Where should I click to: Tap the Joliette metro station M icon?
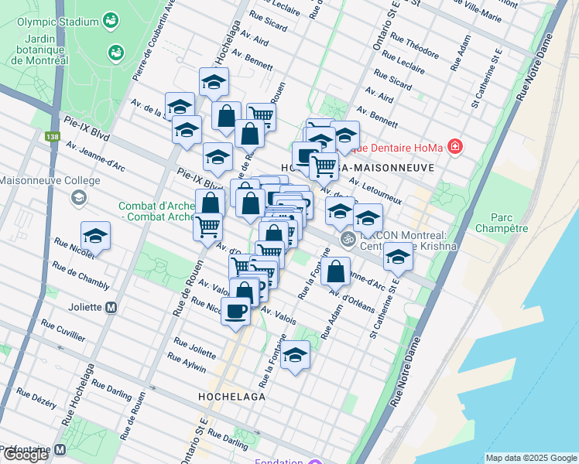pos(111,307)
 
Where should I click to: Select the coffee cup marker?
pos(235,312)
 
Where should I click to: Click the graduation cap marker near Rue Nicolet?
pos(95,236)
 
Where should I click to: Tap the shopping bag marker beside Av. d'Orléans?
pos(335,271)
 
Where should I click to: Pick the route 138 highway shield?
pos(52,136)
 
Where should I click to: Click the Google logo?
pos(26,455)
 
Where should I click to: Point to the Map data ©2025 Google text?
pos(530,457)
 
